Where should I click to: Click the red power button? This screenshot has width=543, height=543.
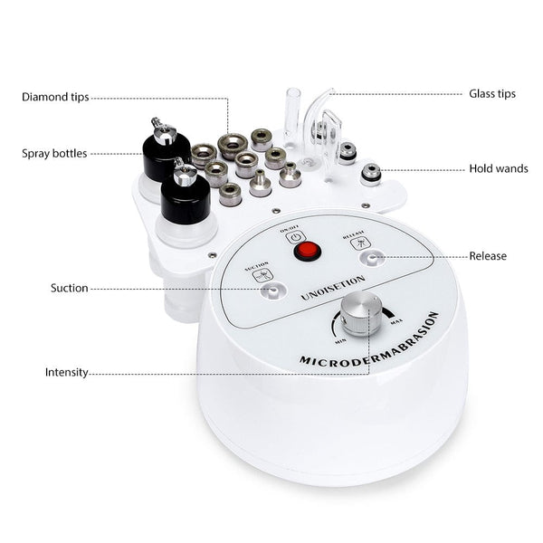pyautogui.click(x=309, y=252)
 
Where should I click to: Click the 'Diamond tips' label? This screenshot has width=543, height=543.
pyautogui.click(x=55, y=97)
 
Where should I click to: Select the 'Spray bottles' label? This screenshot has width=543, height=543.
pyautogui.click(x=54, y=154)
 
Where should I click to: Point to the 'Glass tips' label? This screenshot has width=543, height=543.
pyautogui.click(x=491, y=93)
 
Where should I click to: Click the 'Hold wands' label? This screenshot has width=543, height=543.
pyautogui.click(x=498, y=169)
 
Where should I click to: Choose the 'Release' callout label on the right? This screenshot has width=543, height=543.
pyautogui.click(x=488, y=256)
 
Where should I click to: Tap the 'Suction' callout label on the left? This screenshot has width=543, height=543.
pyautogui.click(x=69, y=289)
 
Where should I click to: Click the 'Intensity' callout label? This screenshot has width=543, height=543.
pyautogui.click(x=67, y=372)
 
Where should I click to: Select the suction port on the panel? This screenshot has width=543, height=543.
pyautogui.click(x=265, y=291)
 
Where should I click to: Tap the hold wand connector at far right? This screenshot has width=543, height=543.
pyautogui.click(x=370, y=174)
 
